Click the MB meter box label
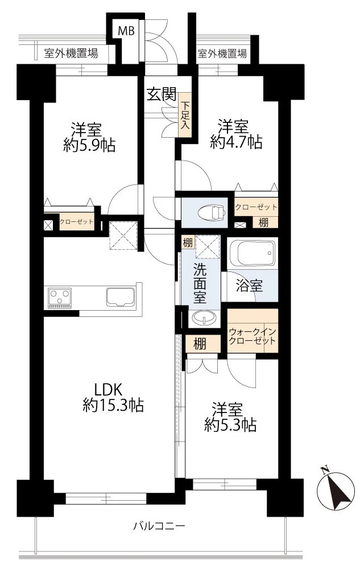pos(126,31)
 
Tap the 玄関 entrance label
pos(162,95)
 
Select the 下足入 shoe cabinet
pos(186,116)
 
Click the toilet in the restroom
pos(210,212)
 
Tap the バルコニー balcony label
pos(159,526)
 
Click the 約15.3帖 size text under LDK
pos(113,405)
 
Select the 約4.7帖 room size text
pos(236,142)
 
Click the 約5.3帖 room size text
pos(230,424)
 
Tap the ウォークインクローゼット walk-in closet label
pos(253,336)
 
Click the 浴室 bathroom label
pos(250,286)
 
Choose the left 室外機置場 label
pos(71,54)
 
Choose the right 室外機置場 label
pos(222,54)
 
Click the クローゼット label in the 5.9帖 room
pos(77,222)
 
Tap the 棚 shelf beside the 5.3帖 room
pos(199,344)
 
